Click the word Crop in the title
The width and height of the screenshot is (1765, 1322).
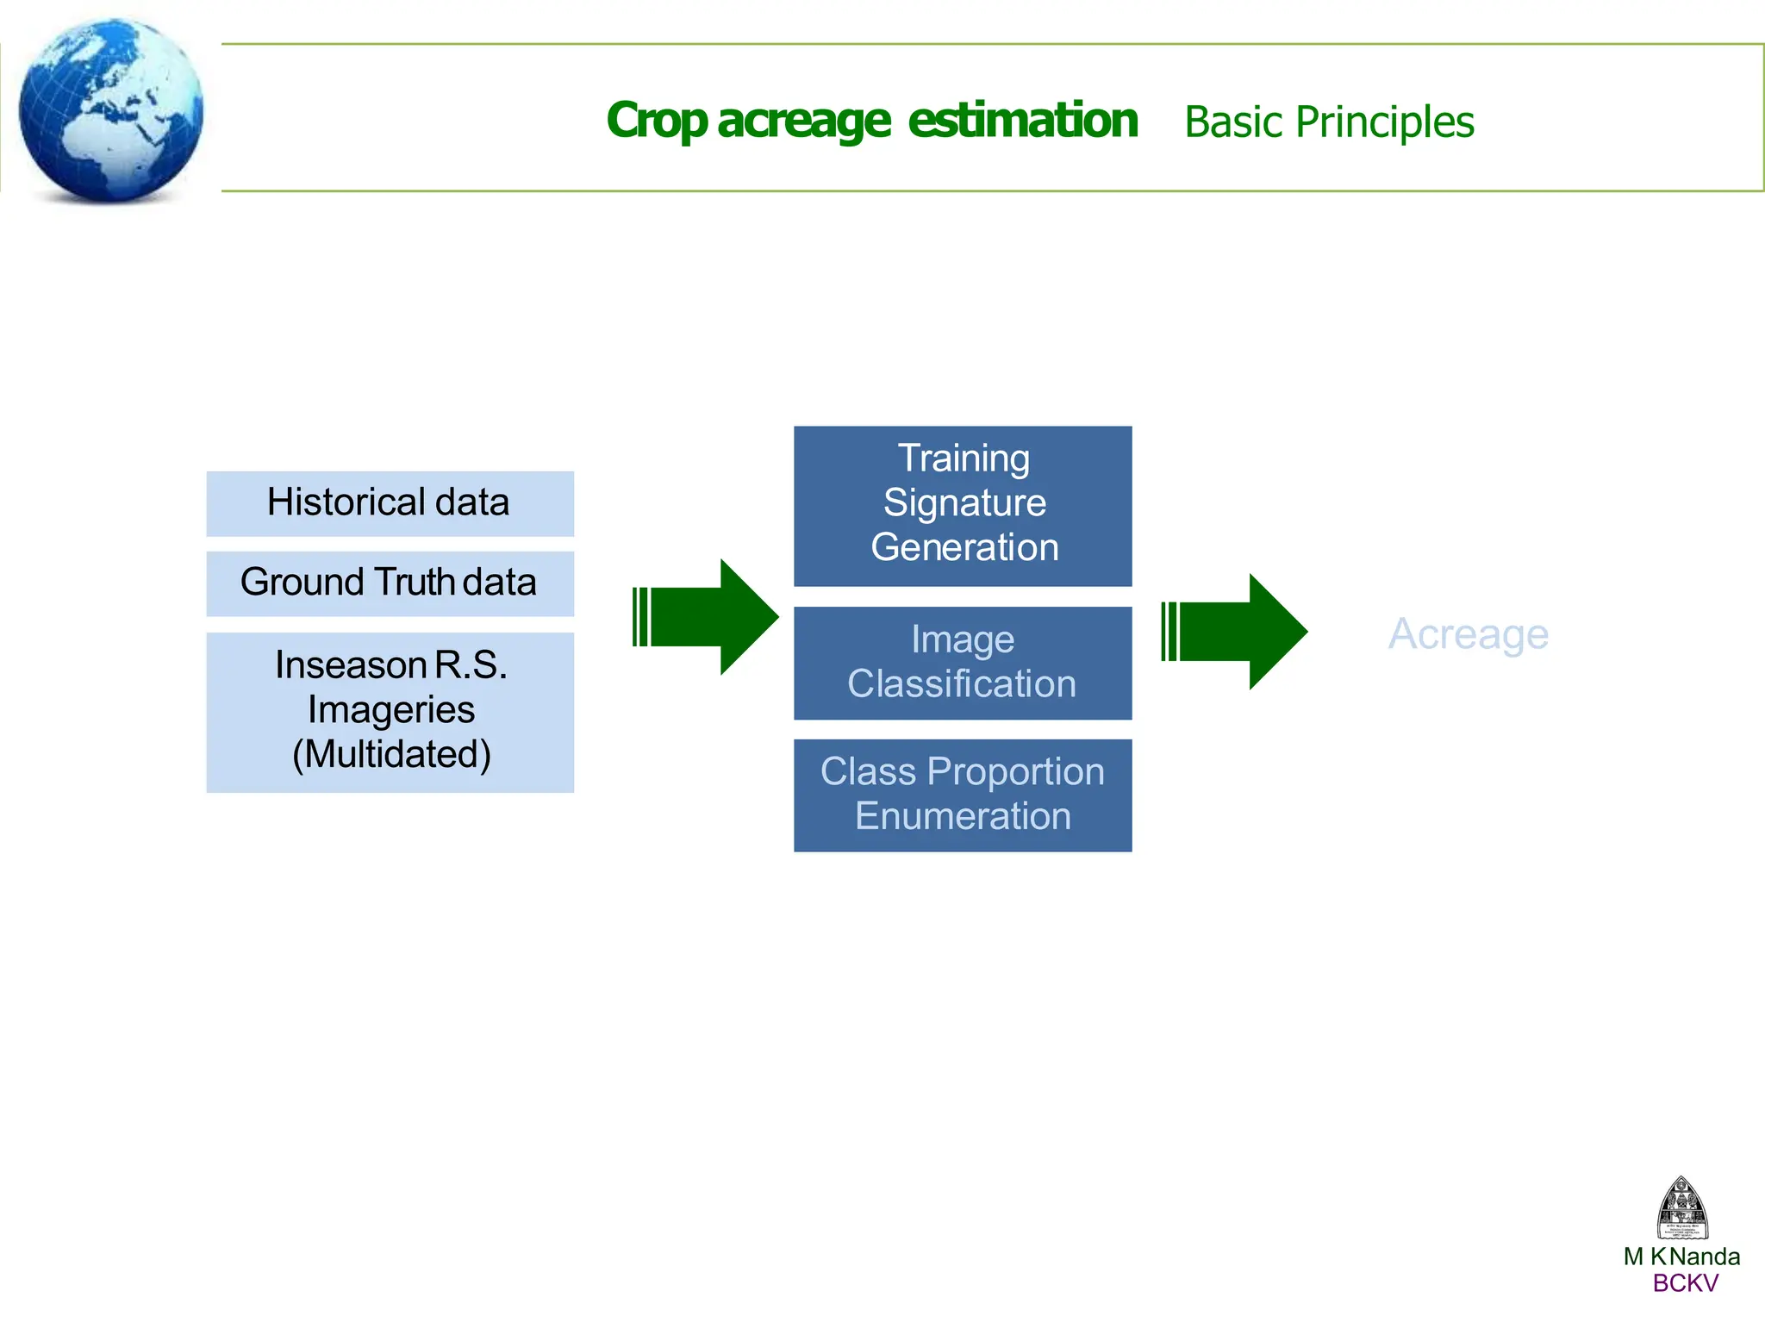click(657, 122)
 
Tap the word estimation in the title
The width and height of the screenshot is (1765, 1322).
click(1022, 120)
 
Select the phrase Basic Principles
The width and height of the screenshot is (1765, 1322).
click(1329, 122)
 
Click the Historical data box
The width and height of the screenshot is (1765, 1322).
click(390, 503)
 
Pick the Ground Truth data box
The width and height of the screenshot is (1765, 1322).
click(390, 583)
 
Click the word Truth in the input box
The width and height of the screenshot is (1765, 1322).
click(415, 582)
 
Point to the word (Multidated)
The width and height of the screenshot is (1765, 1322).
click(391, 754)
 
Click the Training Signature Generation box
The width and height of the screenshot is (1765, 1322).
click(962, 506)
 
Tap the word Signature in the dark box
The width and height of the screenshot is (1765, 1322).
click(964, 502)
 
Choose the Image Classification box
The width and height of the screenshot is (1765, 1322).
click(962, 663)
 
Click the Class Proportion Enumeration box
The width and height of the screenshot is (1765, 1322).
click(962, 795)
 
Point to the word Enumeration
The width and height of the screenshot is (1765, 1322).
click(963, 816)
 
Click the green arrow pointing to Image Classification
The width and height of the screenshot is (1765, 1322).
click(707, 617)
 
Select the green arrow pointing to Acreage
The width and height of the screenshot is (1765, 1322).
click(1236, 632)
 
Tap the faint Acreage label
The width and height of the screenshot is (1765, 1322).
click(1468, 634)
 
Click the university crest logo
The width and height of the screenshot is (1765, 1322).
click(1681, 1208)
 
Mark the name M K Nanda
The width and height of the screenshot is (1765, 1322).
click(1681, 1257)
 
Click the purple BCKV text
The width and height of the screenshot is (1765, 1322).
click(1685, 1283)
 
